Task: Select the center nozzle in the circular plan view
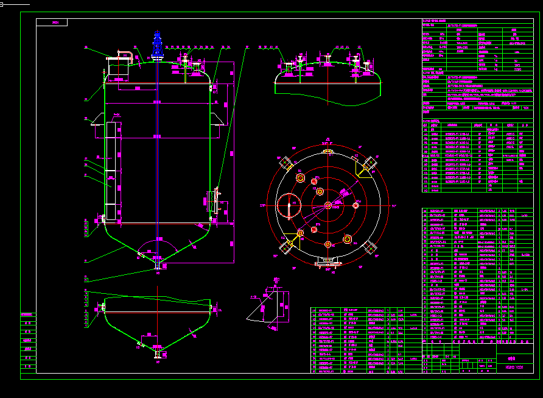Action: pos(328,205)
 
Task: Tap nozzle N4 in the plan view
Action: pos(300,177)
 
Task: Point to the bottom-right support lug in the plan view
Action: pos(369,247)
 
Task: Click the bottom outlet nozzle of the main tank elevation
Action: pos(158,266)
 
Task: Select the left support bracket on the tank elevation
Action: pos(97,122)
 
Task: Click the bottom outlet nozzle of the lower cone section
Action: pos(158,354)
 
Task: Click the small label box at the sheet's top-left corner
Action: pos(52,23)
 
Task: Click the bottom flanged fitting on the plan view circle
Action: pos(328,263)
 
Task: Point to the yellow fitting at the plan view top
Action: pos(328,151)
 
